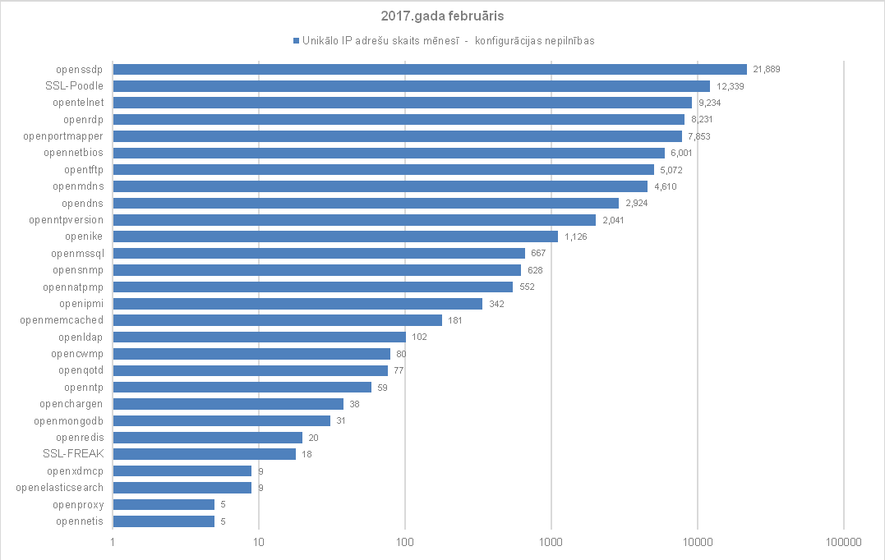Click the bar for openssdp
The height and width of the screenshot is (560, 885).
pyautogui.click(x=429, y=70)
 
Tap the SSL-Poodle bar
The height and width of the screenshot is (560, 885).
pyautogui.click(x=411, y=86)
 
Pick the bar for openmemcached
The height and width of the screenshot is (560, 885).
pyautogui.click(x=277, y=320)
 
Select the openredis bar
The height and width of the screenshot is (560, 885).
pyautogui.click(x=207, y=438)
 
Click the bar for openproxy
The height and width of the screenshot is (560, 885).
pyautogui.click(x=164, y=504)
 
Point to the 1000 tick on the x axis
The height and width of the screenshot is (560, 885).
pyautogui.click(x=551, y=543)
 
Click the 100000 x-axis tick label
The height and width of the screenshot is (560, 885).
pyautogui.click(x=843, y=543)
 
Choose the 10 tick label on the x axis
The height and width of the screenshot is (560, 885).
pyautogui.click(x=258, y=543)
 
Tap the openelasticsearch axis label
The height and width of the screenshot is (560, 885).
pyautogui.click(x=60, y=488)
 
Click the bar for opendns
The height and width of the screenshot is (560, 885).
pyautogui.click(x=366, y=203)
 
